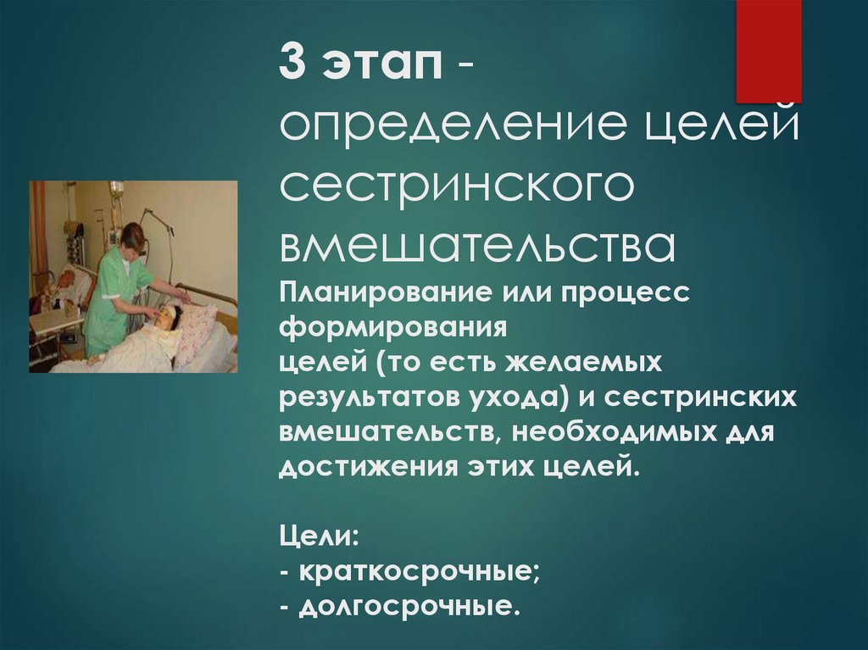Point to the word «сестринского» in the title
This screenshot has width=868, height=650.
457,186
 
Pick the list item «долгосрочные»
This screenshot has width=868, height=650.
405,607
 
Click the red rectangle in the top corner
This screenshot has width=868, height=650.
768,51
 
